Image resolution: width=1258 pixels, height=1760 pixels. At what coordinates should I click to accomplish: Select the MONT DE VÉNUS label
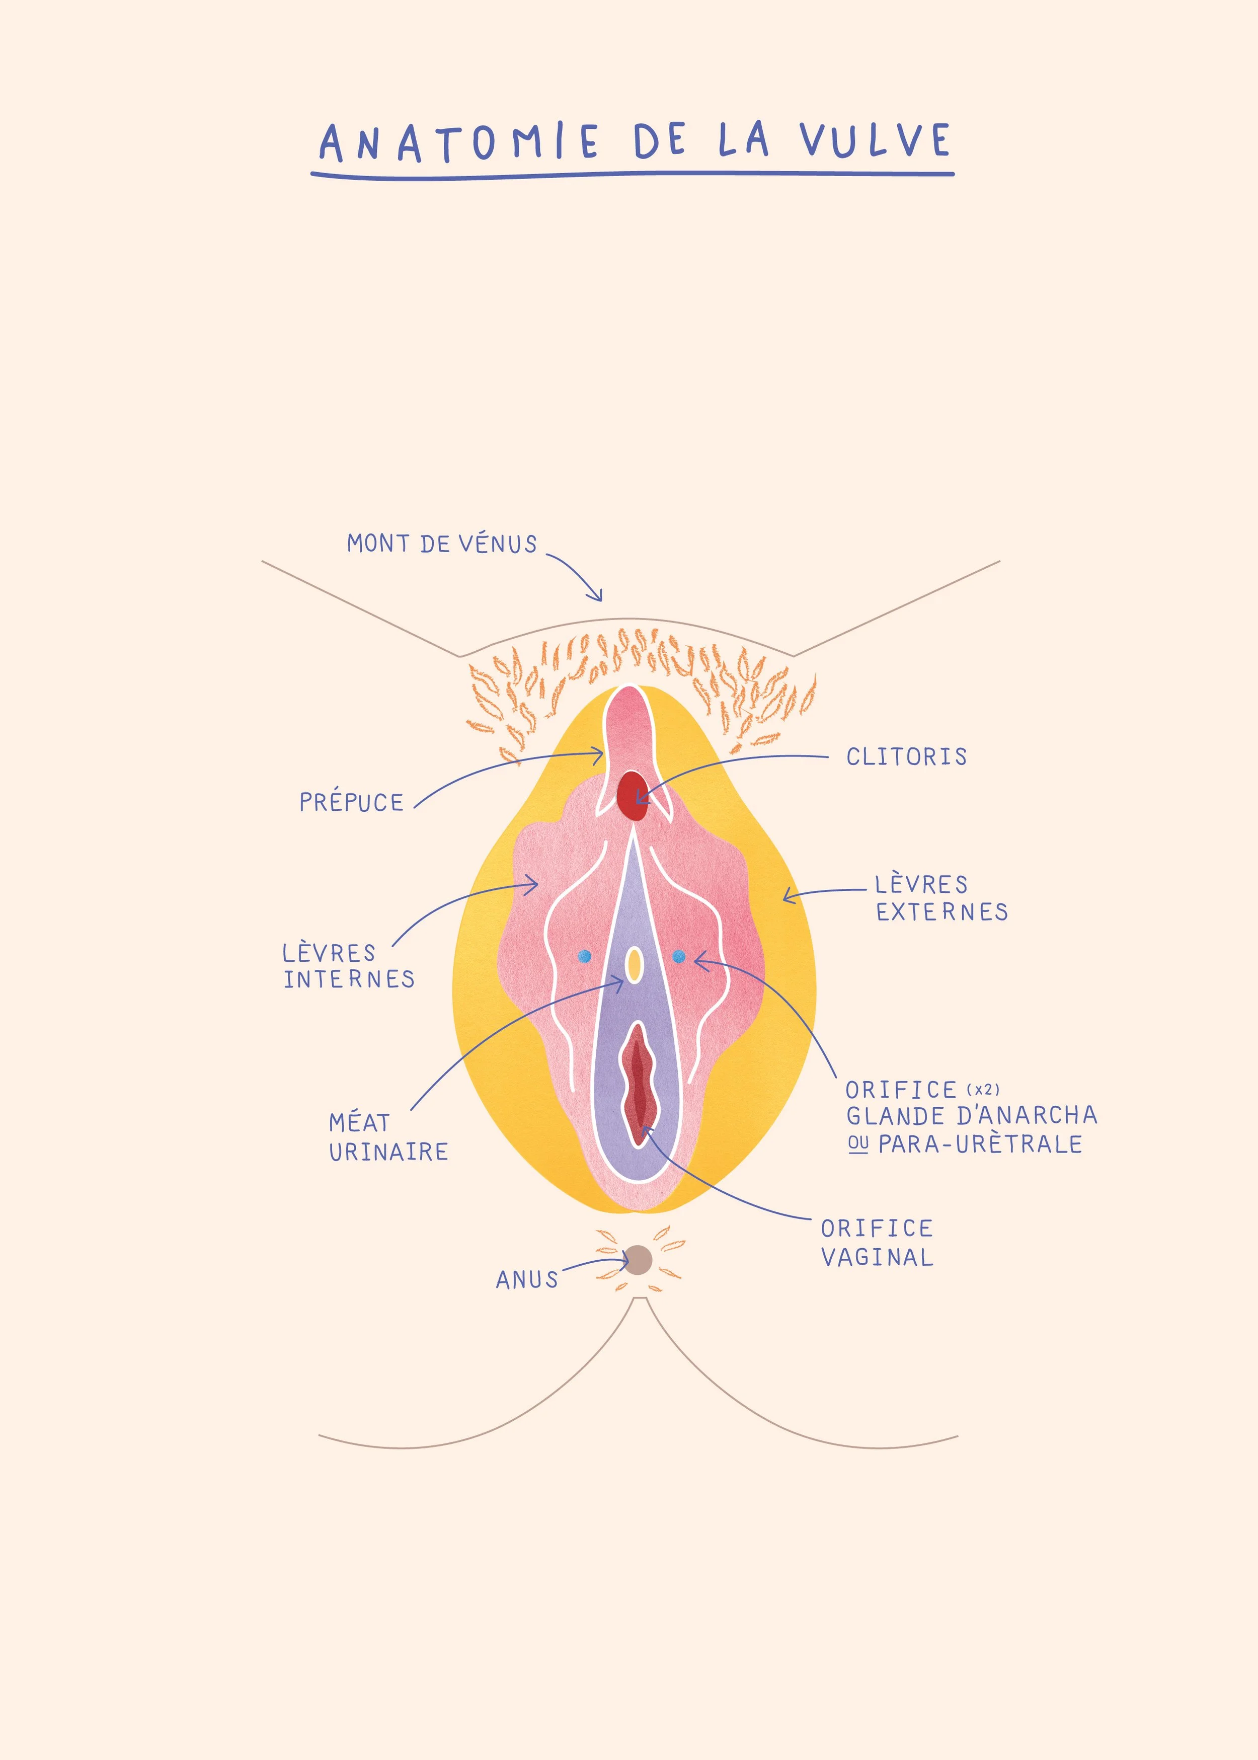point(441,544)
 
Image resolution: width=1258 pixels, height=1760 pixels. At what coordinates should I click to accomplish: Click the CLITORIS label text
point(906,757)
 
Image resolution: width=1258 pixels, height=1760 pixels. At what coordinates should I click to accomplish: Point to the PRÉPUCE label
point(352,803)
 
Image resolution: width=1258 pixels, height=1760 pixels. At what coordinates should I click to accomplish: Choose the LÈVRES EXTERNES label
point(941,898)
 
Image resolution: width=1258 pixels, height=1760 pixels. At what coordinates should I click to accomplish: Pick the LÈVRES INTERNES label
point(349,966)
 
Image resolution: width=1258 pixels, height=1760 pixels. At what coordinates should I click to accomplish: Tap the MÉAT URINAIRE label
point(388,1137)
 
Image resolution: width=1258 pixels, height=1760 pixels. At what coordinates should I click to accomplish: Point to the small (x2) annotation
point(983,1090)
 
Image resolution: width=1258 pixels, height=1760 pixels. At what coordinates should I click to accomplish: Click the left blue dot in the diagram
point(585,957)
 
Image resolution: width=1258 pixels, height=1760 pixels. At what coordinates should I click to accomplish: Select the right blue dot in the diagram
point(679,957)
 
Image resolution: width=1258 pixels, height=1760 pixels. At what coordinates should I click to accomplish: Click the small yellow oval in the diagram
point(634,964)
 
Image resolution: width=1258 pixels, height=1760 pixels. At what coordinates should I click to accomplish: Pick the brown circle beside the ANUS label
point(638,1260)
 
